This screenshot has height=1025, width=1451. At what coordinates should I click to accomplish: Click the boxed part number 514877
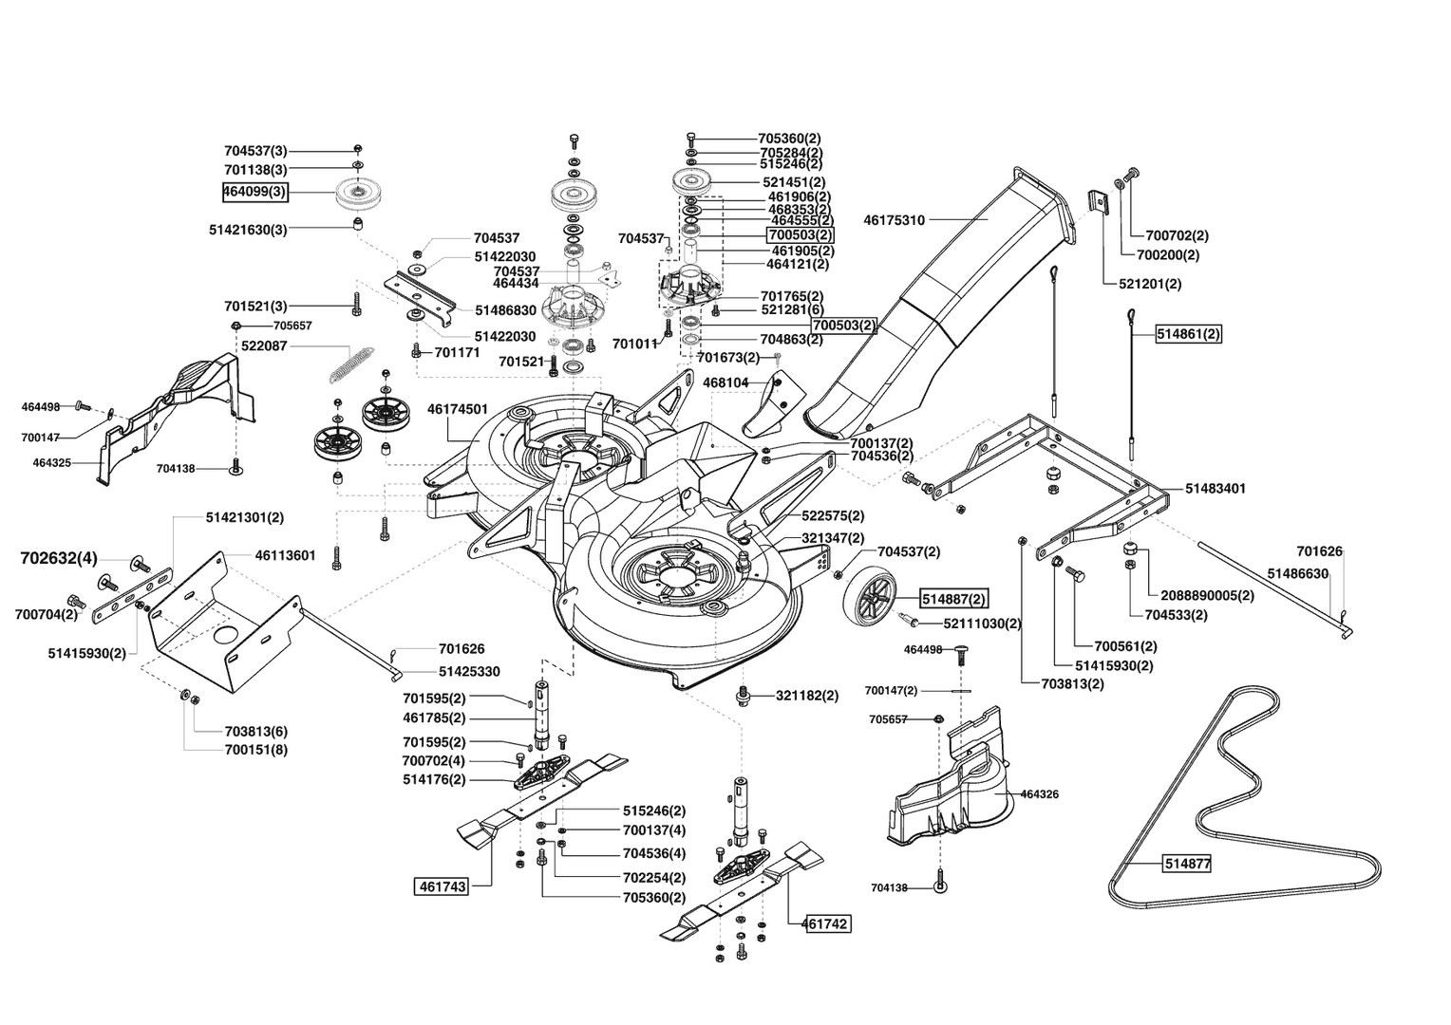[1187, 863]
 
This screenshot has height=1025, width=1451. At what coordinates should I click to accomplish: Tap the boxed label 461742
[826, 924]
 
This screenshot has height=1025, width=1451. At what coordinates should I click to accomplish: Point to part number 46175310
[894, 220]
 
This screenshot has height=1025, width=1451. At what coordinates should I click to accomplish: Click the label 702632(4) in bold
[58, 558]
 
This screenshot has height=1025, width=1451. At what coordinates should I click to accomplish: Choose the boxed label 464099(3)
[255, 193]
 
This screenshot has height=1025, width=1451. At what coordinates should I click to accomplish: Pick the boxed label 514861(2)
[1189, 334]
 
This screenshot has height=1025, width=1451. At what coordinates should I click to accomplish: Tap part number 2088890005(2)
[1208, 596]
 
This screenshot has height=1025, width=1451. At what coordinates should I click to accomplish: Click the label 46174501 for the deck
[458, 409]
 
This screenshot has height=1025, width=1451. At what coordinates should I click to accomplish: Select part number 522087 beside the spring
[264, 346]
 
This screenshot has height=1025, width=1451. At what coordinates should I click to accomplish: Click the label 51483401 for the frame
[1215, 488]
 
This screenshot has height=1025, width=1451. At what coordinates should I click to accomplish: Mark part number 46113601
[285, 555]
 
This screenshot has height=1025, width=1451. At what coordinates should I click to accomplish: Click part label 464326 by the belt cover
[1040, 794]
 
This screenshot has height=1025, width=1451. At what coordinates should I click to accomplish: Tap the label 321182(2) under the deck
[807, 696]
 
